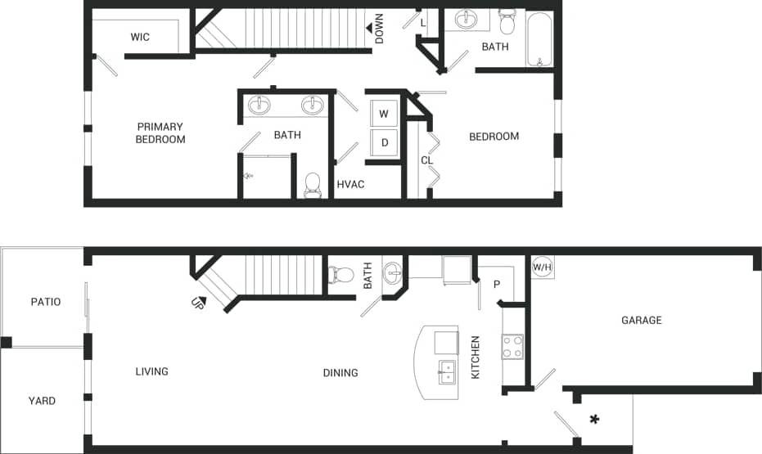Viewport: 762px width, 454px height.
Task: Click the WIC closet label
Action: [140, 37]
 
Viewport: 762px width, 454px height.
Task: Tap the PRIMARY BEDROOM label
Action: [160, 133]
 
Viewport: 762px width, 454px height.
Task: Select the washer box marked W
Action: [383, 114]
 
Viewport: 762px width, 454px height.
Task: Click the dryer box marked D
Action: [383, 142]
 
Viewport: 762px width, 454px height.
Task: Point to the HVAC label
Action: [350, 184]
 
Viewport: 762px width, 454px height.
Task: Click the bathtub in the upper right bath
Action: [539, 38]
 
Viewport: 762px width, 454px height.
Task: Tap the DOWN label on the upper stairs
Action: [379, 29]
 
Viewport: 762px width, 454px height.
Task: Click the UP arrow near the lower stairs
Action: [197, 302]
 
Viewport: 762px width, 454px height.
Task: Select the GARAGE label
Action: [641, 320]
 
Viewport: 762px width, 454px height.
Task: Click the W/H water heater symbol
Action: [542, 267]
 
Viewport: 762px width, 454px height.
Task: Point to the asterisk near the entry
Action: [595, 420]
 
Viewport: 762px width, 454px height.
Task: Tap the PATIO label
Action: [46, 302]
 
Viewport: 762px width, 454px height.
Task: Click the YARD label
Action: [42, 401]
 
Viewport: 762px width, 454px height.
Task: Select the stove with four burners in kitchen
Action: [512, 346]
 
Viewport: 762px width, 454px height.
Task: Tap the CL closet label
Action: [426, 160]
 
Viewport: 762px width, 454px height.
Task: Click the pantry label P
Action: [496, 285]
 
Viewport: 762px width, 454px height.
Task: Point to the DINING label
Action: [340, 373]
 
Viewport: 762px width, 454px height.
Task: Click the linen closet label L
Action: [423, 23]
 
